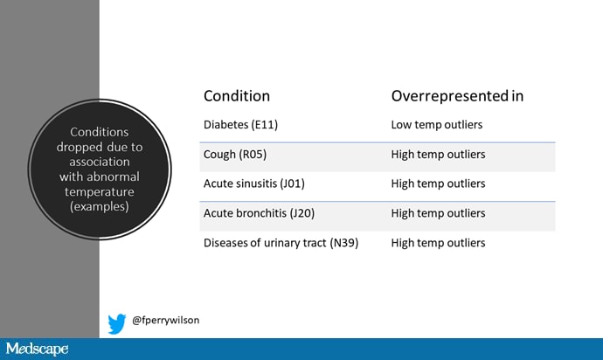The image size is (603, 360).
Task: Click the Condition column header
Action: click(x=237, y=96)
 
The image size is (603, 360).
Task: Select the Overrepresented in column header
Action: click(x=457, y=96)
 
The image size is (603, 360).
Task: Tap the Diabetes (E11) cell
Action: click(x=240, y=125)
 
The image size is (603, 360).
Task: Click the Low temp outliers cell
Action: click(x=436, y=125)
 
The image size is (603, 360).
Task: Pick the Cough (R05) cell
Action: click(x=234, y=155)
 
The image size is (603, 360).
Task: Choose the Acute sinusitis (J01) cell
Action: click(x=253, y=183)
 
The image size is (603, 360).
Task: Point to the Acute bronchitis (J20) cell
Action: click(x=259, y=213)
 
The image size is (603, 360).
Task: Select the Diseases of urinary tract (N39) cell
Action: click(x=281, y=243)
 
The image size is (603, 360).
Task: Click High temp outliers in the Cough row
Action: click(x=438, y=155)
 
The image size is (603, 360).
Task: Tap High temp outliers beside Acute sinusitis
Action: click(x=438, y=183)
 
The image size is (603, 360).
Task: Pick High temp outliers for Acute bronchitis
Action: click(x=438, y=213)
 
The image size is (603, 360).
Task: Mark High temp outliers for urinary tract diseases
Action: click(x=438, y=243)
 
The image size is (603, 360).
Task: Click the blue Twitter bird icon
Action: click(x=117, y=323)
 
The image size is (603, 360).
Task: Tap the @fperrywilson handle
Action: click(x=165, y=320)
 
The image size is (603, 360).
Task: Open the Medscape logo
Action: click(x=37, y=349)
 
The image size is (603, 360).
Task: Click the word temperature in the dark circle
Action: click(x=100, y=191)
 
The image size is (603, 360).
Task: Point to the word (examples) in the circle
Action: click(x=100, y=206)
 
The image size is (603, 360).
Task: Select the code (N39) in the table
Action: click(x=343, y=243)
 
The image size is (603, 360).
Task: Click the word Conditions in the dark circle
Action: click(x=100, y=132)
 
